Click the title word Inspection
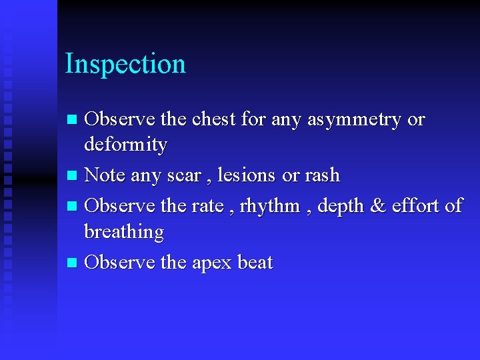125,65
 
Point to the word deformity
125,145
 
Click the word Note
105,175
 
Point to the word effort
416,205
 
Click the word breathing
124,233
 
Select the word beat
255,262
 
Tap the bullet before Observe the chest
73,121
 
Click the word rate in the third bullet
207,206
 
